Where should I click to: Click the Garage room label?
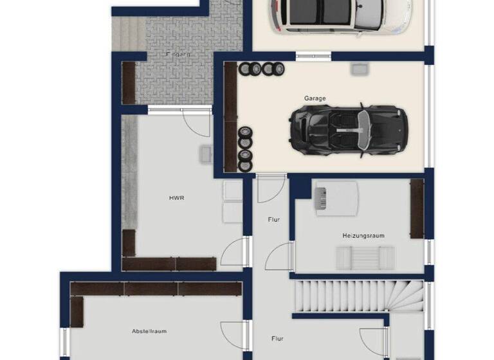point(315,98)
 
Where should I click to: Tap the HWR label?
point(176,198)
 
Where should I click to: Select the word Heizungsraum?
point(363,236)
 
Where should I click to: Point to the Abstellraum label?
point(149,331)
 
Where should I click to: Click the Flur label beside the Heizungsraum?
point(273,220)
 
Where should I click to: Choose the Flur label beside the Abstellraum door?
point(277,337)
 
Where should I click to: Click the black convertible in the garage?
point(348,128)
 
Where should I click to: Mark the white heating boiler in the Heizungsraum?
point(335,196)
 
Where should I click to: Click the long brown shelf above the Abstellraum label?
point(154,289)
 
